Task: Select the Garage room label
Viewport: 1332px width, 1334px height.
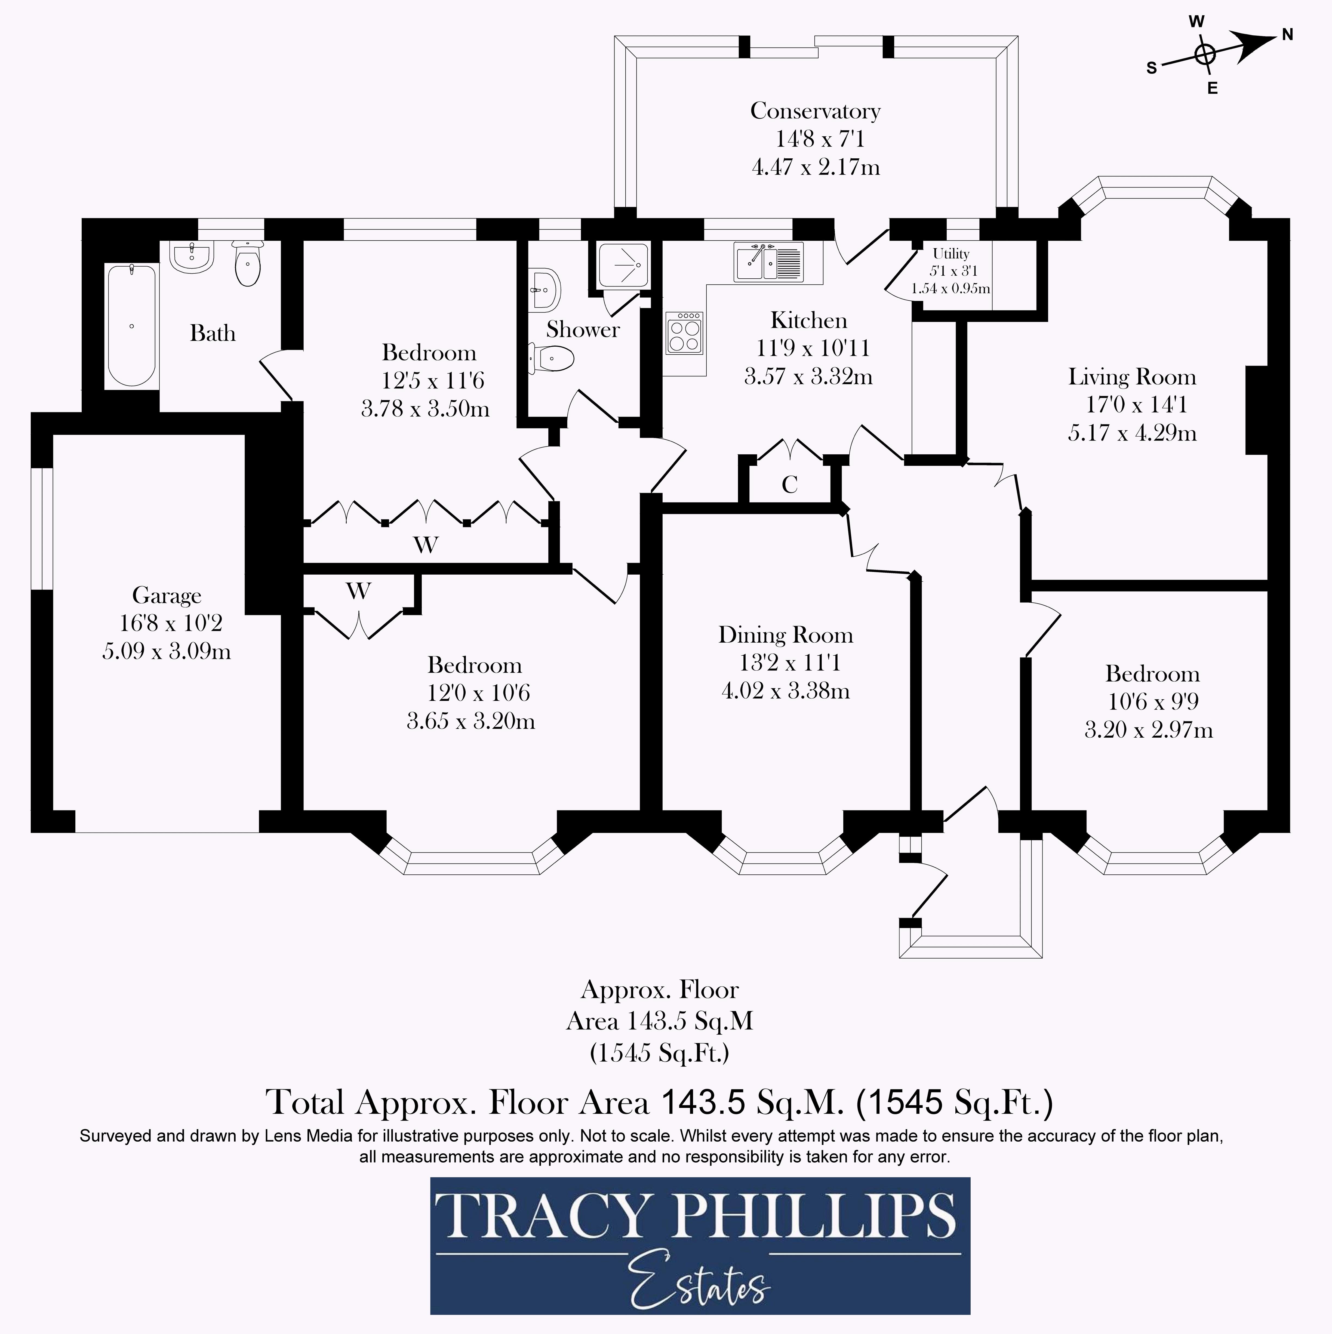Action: click(x=167, y=595)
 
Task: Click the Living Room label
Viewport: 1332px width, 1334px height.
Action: click(x=1132, y=377)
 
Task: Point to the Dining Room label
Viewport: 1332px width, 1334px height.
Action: click(x=785, y=634)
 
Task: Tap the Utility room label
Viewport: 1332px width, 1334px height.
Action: click(x=951, y=253)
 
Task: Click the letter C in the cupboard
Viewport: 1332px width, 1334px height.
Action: click(x=789, y=485)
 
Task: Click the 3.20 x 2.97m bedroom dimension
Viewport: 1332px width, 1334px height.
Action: click(x=1148, y=730)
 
